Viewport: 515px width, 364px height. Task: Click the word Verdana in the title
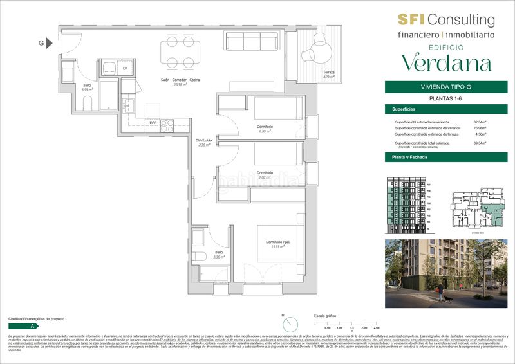click(446, 62)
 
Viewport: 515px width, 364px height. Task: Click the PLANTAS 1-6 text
click(446, 98)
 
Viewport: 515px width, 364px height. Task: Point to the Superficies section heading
click(402, 109)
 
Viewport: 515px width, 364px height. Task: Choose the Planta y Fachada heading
click(406, 157)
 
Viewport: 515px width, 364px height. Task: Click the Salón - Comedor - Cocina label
click(180, 81)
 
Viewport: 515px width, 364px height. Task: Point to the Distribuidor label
click(204, 142)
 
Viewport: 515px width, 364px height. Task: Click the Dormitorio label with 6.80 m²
click(265, 129)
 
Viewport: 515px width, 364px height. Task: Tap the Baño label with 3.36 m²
click(218, 254)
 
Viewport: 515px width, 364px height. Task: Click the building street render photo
click(445, 273)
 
